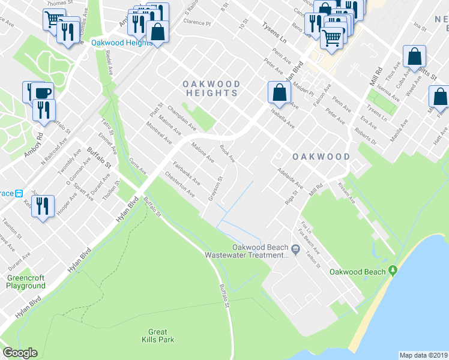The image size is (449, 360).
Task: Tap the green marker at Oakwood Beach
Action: click(x=393, y=271)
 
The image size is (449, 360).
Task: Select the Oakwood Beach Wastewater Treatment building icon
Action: click(x=295, y=249)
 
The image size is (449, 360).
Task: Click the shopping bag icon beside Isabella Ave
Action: click(x=279, y=93)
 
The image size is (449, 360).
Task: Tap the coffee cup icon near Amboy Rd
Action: click(x=43, y=93)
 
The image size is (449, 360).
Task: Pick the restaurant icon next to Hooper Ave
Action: click(x=43, y=207)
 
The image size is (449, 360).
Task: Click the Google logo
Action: click(x=20, y=353)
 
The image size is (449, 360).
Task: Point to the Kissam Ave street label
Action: click(x=346, y=193)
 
